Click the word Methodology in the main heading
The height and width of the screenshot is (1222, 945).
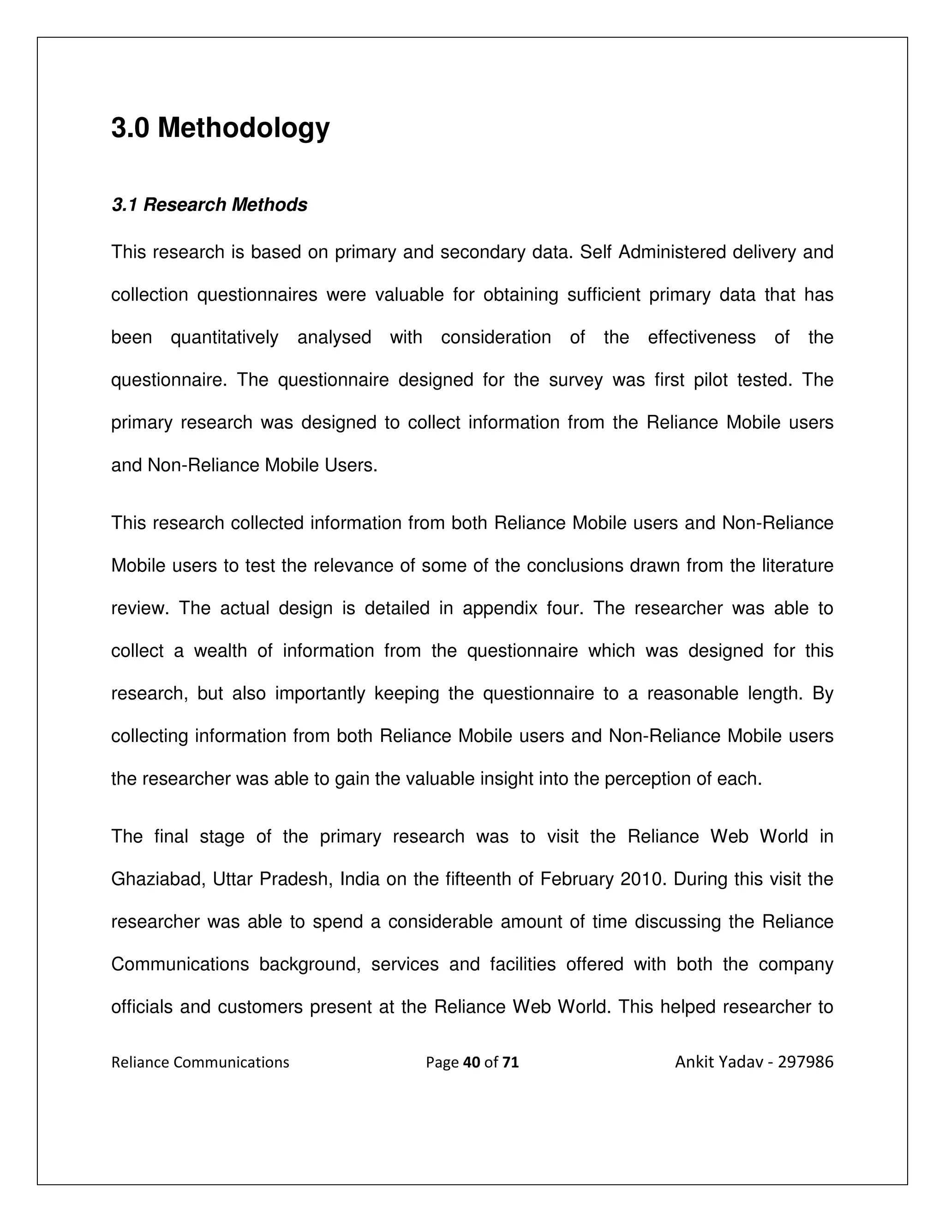tap(244, 128)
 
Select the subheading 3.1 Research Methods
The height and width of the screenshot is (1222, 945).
tap(209, 205)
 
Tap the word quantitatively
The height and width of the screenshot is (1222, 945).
tap(224, 338)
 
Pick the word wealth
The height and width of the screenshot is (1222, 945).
tap(220, 651)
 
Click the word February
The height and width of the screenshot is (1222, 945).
tap(577, 879)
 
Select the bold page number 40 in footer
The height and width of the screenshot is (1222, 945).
tap(472, 1062)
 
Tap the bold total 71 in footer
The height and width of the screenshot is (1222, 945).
tap(511, 1062)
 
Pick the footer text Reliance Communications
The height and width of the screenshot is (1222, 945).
tap(200, 1062)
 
